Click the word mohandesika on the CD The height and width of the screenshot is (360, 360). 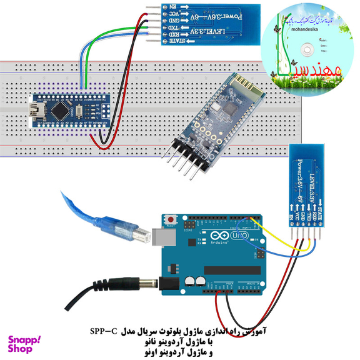point(297,28)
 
